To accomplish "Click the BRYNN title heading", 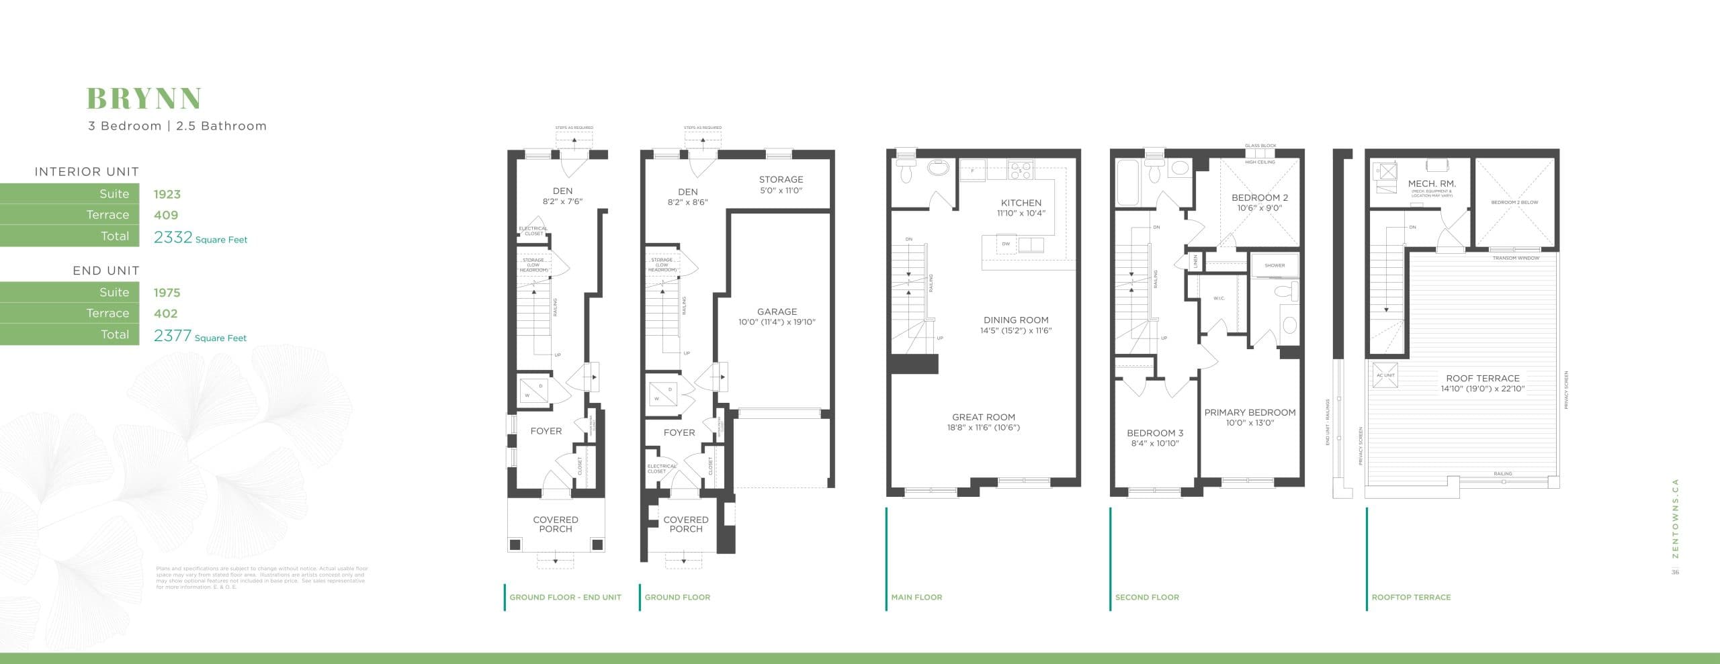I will coord(144,99).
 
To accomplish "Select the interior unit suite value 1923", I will coord(167,194).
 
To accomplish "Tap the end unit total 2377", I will coord(173,335).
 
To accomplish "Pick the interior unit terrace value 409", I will coord(165,215).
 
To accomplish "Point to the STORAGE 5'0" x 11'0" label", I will coord(781,185).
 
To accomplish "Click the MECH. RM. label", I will coord(1432,183).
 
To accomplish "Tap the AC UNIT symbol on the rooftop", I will coord(1385,379).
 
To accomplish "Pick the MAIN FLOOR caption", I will coord(916,597).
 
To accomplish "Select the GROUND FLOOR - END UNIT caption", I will coord(564,597).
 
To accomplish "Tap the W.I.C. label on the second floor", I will coord(1219,298).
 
